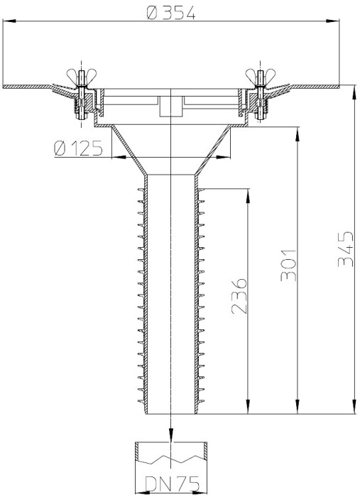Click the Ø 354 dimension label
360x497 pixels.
coord(171,13)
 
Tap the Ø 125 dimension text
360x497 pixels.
coord(78,148)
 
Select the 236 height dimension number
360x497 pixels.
coord(239,296)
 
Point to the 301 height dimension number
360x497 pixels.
coord(288,266)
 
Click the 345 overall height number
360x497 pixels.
coord(345,248)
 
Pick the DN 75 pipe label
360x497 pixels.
coord(173,484)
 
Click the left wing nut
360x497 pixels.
coord(82,76)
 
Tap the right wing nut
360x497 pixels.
coord(261,76)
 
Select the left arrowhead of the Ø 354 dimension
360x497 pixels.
coord(9,21)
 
